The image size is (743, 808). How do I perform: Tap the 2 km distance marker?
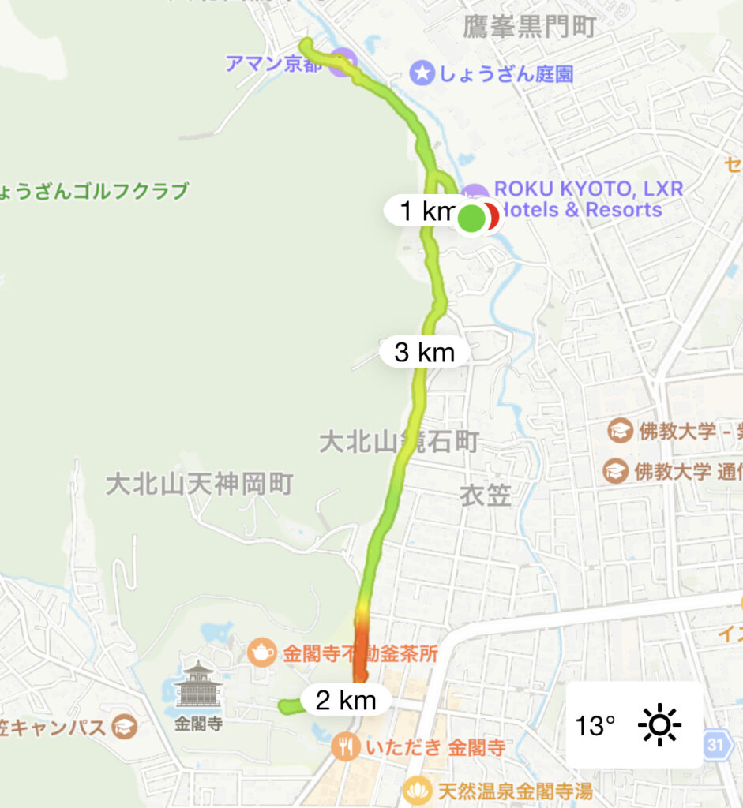345,700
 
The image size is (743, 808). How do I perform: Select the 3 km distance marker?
425,352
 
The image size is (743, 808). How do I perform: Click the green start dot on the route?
471,218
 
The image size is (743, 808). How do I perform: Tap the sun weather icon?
659,724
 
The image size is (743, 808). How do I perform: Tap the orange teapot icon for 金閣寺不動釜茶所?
261,652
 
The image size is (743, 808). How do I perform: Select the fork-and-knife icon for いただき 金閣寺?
345,746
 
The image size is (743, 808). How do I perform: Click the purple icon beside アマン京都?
340,62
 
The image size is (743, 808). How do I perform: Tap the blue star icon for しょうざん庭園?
423,74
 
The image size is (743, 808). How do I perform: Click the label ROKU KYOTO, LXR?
587,189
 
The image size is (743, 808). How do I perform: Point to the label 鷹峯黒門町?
528,28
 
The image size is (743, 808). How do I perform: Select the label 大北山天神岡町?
200,484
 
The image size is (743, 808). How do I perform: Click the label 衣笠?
486,496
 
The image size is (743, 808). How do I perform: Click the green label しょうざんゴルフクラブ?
95,191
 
